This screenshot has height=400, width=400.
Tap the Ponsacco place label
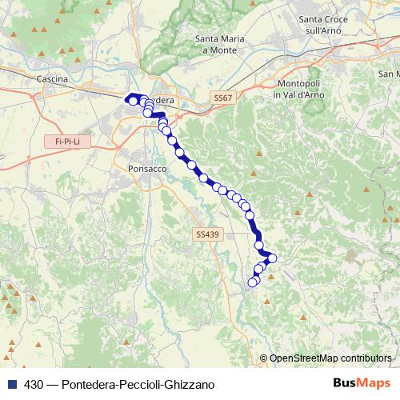[146, 169]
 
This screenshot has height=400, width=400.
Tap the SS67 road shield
[223, 97]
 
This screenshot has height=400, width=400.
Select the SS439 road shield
[206, 234]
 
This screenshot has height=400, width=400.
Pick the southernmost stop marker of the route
[253, 282]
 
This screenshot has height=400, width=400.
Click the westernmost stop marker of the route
[132, 101]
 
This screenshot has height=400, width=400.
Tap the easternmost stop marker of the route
[272, 258]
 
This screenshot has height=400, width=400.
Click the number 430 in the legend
[34, 384]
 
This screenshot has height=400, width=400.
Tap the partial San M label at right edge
[389, 73]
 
